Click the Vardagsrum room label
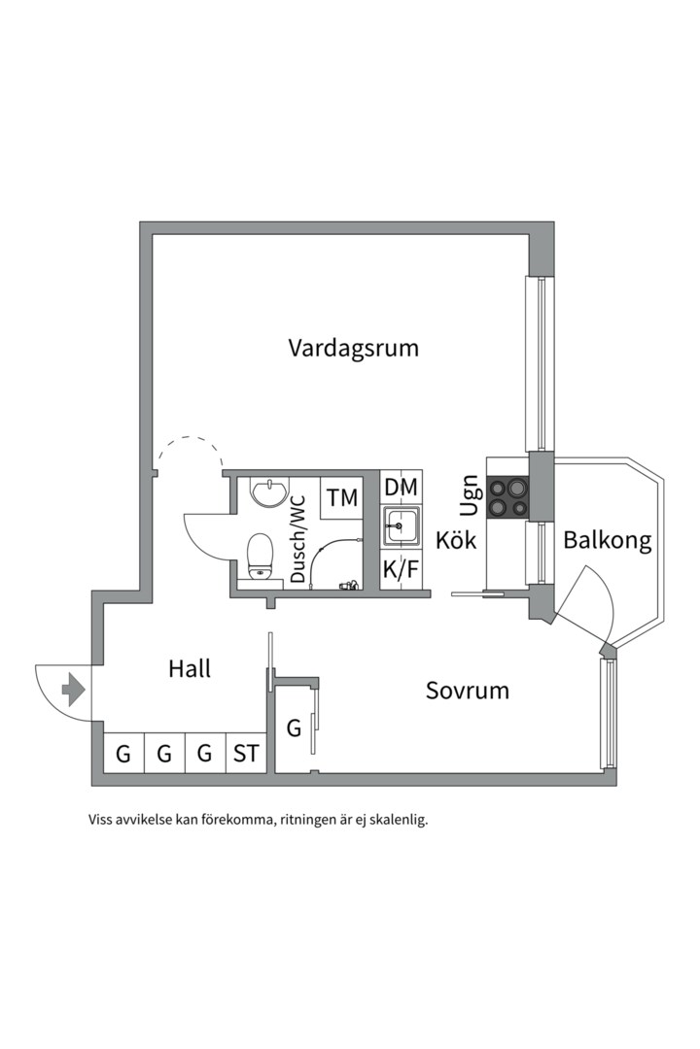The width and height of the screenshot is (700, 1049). (x=353, y=348)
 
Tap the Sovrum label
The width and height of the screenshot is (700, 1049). (x=468, y=691)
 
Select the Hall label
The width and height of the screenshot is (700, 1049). (x=190, y=668)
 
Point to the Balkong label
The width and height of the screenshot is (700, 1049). (x=608, y=541)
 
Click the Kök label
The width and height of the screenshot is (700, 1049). (x=456, y=540)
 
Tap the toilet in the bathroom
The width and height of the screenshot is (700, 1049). (x=260, y=557)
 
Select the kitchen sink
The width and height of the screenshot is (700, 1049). (x=401, y=527)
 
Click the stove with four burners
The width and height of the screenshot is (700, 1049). (x=508, y=495)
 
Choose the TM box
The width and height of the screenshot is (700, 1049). (x=342, y=498)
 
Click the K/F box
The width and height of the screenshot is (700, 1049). (x=401, y=569)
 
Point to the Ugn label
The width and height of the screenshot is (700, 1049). (x=470, y=495)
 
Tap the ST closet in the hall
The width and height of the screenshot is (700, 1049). (x=247, y=753)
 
